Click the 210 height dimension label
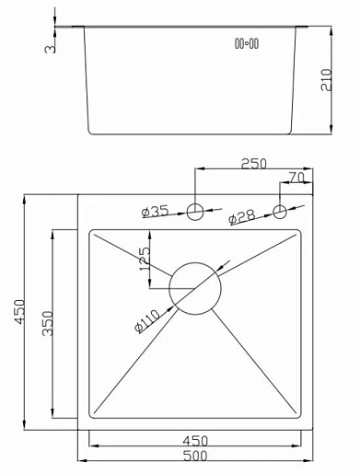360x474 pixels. (x=327, y=80)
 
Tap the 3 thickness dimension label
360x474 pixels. (x=50, y=49)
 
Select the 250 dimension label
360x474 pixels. (x=254, y=164)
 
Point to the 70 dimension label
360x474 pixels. (x=296, y=178)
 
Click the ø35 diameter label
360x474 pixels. (x=156, y=212)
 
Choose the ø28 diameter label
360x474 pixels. (x=242, y=216)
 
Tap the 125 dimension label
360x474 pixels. (x=145, y=259)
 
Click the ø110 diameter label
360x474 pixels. (x=147, y=321)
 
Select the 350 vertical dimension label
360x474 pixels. (x=48, y=323)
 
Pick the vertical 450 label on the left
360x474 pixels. (x=20, y=312)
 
